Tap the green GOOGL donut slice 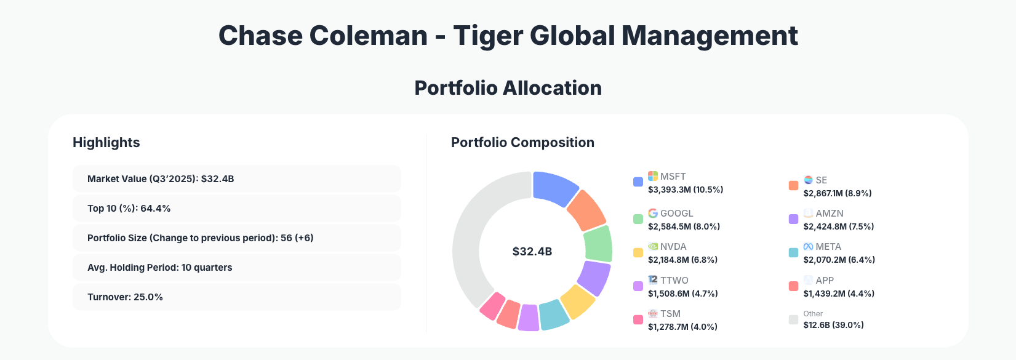(x=598, y=244)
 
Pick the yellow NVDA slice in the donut (x=577, y=301)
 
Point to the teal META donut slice (x=553, y=314)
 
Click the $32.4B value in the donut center (x=532, y=252)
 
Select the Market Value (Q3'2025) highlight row (x=236, y=179)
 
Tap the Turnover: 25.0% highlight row (x=236, y=297)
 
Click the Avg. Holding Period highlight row (x=236, y=268)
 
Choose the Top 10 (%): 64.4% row (x=236, y=209)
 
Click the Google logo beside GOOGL (x=653, y=213)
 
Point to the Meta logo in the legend (x=808, y=246)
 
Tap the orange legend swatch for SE (x=793, y=186)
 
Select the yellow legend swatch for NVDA (x=638, y=252)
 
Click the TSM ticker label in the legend (x=670, y=314)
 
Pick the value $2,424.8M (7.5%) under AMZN (x=838, y=226)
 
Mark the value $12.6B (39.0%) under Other (x=833, y=325)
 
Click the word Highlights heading (x=106, y=143)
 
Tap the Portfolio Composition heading (x=522, y=143)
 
